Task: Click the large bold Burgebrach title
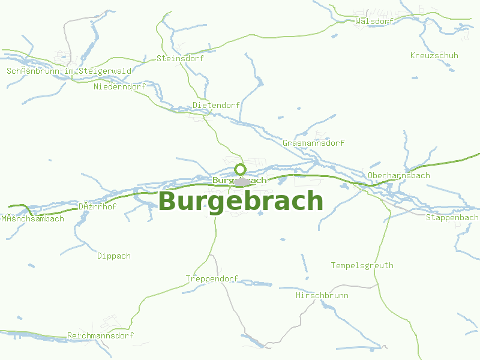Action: coord(241,202)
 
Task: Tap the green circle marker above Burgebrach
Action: coord(241,169)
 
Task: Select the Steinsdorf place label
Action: coord(180,59)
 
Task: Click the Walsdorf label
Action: coord(374,21)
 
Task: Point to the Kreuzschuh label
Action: coord(434,56)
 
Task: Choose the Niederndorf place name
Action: coord(120,87)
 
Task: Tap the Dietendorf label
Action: coord(216,106)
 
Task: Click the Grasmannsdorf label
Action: coord(313,143)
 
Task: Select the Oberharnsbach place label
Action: coord(399,176)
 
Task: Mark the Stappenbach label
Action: coord(452,217)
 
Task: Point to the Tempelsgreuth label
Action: coord(362,265)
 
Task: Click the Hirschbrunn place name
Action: coord(322,296)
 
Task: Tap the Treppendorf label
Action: coord(212,279)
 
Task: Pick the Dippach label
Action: coord(114,256)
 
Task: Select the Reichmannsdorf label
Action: coord(100,336)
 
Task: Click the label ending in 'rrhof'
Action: coord(97,207)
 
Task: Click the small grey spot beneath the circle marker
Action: coord(242,181)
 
